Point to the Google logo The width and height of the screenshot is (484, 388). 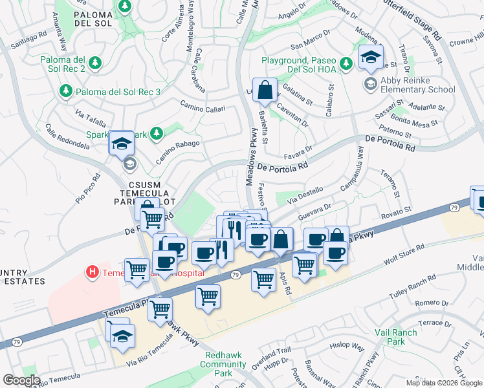tap(22, 380)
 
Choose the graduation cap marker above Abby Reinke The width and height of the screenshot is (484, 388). tap(371, 58)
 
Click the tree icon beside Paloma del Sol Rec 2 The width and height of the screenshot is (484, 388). tap(95, 63)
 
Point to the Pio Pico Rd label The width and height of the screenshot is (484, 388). tap(88, 188)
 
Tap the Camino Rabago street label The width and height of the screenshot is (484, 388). tap(177, 145)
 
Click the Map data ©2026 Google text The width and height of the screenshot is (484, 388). tap(445, 383)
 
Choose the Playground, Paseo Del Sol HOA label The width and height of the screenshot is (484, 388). tap(300, 64)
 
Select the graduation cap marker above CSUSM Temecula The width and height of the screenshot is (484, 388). tap(121, 144)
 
